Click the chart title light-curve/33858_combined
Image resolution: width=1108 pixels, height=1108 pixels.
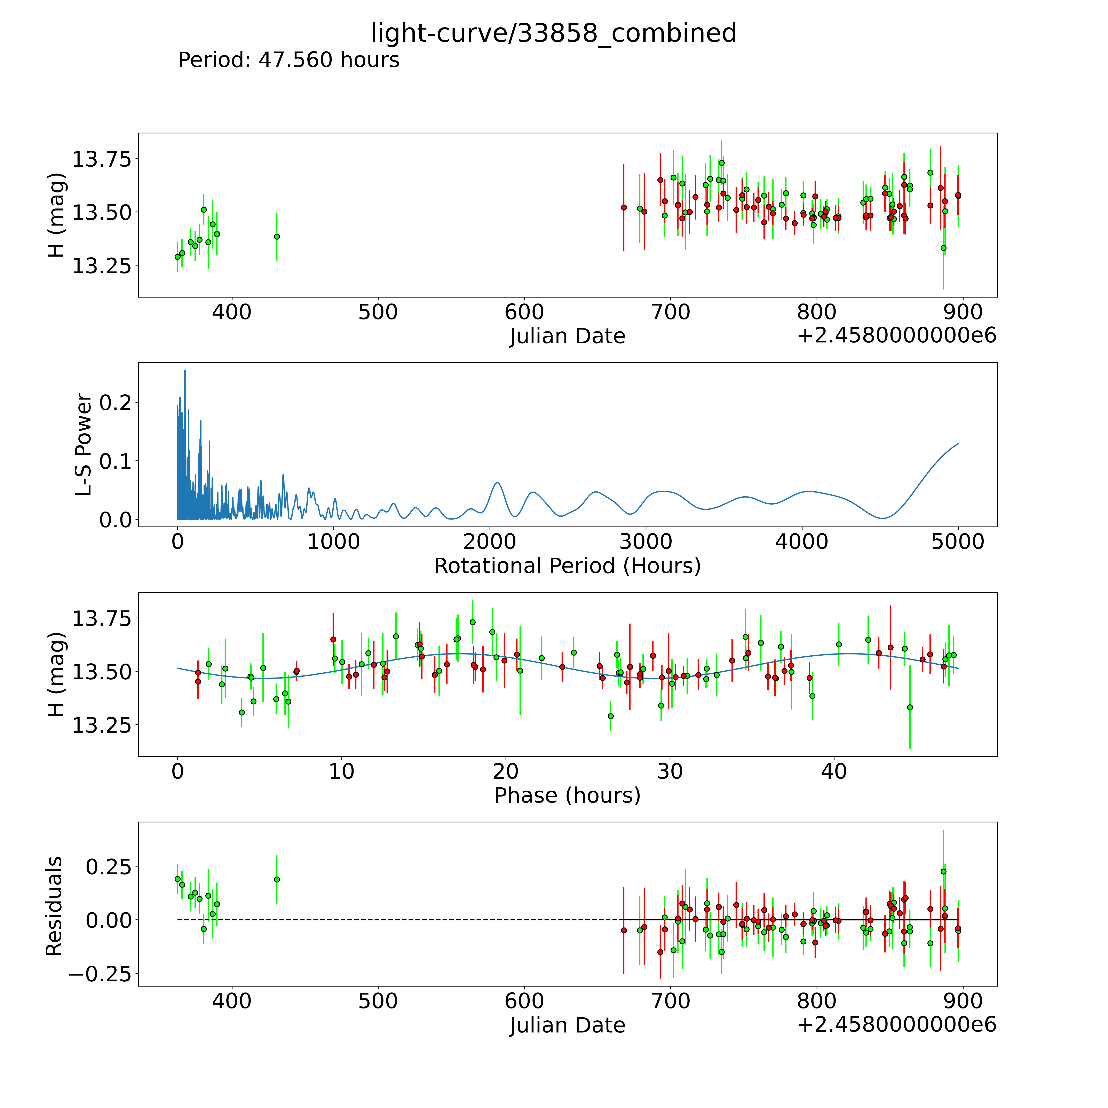point(553,33)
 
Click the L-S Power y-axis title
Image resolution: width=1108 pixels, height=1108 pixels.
point(84,444)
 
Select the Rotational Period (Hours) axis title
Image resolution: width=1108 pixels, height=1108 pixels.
point(567,566)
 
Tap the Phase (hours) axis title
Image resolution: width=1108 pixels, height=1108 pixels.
point(567,796)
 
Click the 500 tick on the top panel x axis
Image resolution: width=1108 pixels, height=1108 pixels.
point(378,312)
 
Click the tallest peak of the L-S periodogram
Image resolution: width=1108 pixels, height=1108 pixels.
point(185,371)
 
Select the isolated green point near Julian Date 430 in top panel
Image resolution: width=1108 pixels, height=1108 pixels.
point(276,236)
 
